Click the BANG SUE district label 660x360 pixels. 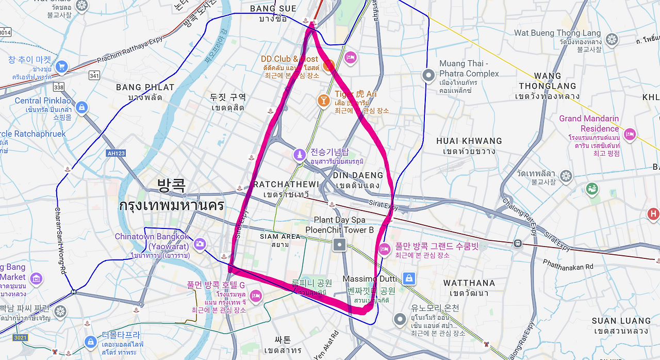point(273,9)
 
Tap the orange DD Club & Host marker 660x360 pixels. point(328,66)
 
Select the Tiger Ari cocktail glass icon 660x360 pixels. point(323,101)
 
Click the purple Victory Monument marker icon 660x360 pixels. point(300,155)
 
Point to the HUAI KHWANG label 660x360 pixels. point(469,141)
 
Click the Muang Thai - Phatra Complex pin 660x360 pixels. point(428,75)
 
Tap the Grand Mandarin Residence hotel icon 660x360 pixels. point(629,135)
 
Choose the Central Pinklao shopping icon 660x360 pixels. point(81,107)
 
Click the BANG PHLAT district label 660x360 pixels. point(145,87)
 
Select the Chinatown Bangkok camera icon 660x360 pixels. point(200,243)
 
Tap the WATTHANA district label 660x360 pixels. point(469,283)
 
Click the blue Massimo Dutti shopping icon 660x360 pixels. point(408,279)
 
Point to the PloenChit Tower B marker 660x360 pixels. point(339,244)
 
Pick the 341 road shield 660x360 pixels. point(94,76)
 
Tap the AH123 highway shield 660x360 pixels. point(115,153)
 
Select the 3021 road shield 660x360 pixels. point(20,338)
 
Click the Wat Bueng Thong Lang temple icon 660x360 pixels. point(612,39)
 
